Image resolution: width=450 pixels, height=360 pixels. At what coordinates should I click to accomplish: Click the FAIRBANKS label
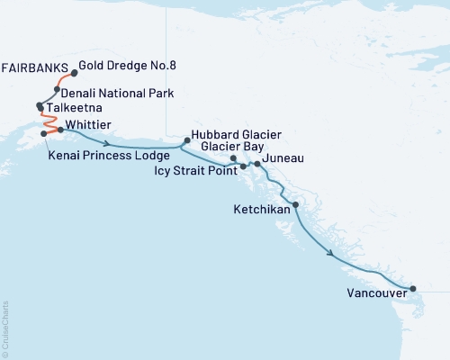coord(37,67)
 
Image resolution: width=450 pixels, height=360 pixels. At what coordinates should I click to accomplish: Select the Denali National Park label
coord(117,93)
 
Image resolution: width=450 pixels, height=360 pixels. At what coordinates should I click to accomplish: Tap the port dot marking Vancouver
coord(413,289)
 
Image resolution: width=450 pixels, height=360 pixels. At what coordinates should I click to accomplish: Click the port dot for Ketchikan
coord(295,206)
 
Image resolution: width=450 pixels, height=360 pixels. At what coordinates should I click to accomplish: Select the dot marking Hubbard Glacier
coord(186,139)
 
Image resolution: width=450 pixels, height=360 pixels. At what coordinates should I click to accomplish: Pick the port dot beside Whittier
coord(61,130)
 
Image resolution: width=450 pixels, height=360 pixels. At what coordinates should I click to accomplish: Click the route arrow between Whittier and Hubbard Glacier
coord(108,143)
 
